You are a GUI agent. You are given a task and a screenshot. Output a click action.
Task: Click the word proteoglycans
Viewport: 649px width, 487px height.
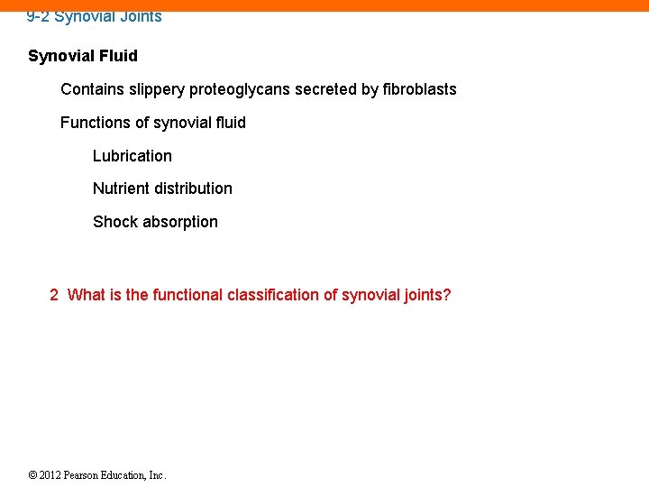(240, 89)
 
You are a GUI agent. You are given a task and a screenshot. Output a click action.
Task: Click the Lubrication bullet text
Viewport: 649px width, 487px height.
(132, 156)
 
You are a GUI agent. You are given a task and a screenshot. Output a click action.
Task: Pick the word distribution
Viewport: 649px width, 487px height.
(193, 188)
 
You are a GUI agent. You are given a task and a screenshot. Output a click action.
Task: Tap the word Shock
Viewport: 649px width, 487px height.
(114, 222)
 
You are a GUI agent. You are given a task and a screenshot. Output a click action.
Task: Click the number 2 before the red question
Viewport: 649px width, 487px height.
(54, 295)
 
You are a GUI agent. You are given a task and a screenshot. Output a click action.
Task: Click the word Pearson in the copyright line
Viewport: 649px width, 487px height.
(84, 475)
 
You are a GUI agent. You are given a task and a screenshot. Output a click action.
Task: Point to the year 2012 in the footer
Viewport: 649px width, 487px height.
(50, 475)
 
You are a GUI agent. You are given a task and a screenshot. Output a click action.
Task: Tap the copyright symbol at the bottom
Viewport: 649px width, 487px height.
(32, 475)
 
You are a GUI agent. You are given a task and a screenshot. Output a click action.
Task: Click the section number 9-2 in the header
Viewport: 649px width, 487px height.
(38, 16)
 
